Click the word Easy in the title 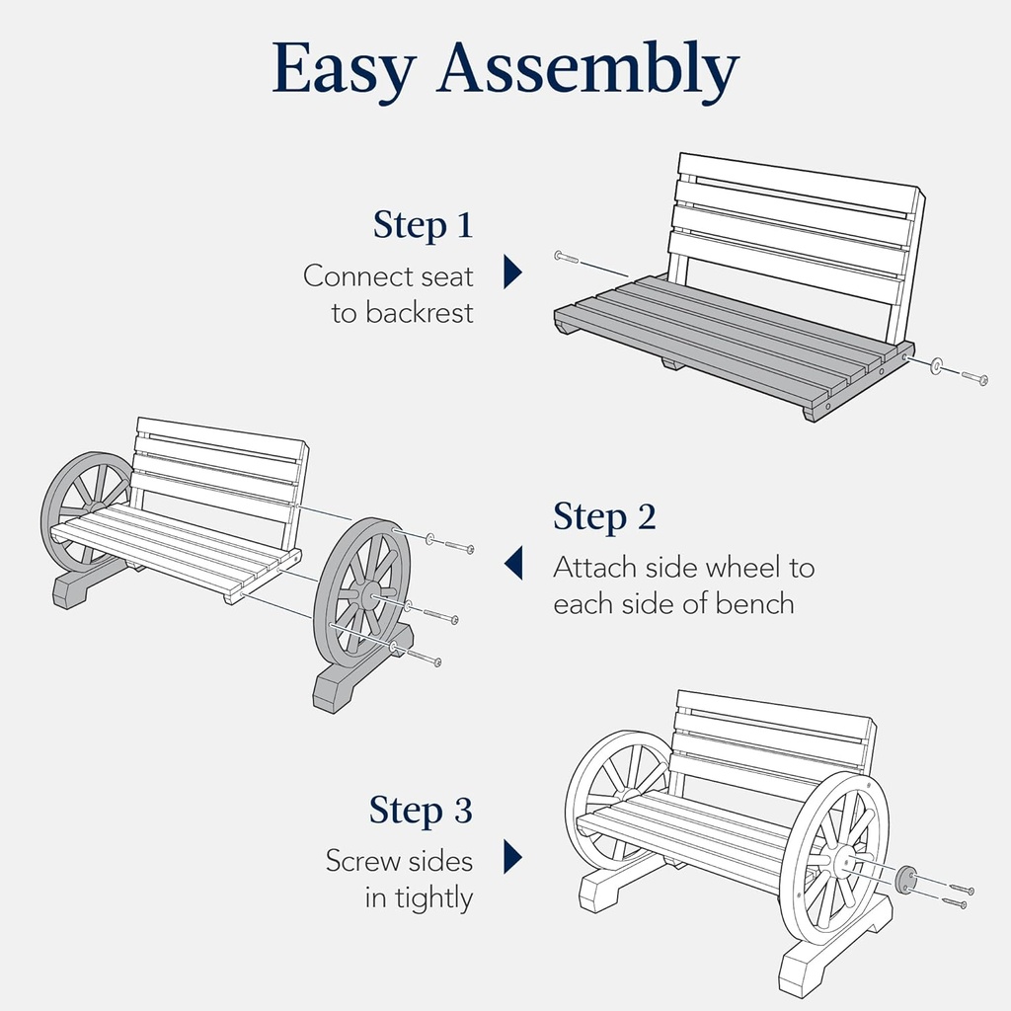(345, 69)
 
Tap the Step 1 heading (423, 225)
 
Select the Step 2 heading (604, 516)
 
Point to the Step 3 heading (421, 811)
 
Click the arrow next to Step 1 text (511, 272)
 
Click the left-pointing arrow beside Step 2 (513, 565)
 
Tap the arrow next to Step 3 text (511, 857)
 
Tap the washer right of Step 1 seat (936, 365)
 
